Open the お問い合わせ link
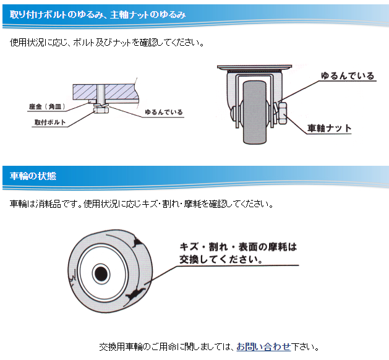tap(263, 346)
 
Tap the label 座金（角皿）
tap(47, 106)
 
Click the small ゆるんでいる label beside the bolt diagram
tap(163, 113)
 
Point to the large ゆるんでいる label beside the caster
tap(347, 76)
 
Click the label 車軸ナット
tap(330, 129)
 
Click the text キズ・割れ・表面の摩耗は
tap(238, 246)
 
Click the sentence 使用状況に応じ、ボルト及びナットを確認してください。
tap(107, 43)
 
